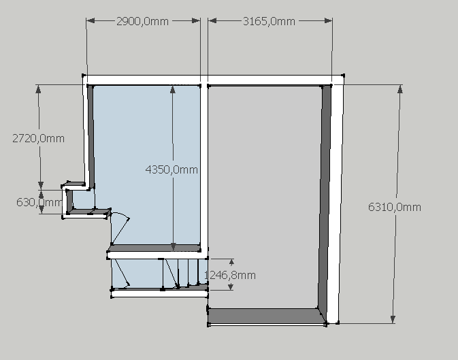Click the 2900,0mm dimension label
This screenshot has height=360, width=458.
click(142, 21)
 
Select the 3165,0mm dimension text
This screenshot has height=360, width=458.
click(269, 21)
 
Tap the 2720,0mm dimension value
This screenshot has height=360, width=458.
click(38, 138)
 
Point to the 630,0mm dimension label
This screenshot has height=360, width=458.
click(39, 202)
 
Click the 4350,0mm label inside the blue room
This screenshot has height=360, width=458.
click(171, 169)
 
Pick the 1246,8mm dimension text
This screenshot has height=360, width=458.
click(230, 275)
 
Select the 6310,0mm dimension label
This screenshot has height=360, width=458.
click(395, 207)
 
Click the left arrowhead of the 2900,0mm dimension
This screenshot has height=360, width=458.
click(91, 20)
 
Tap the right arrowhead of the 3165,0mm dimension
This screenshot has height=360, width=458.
click(328, 20)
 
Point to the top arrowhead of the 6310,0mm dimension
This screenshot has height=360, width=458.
click(400, 89)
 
